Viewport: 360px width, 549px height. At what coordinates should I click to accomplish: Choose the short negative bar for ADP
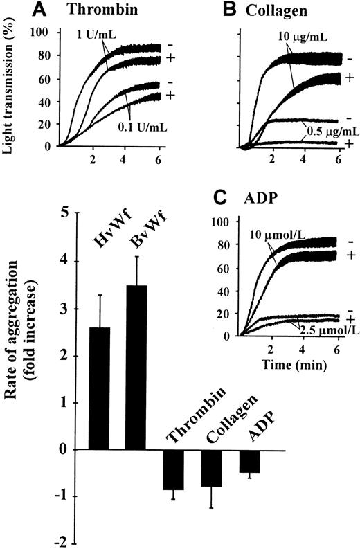pyautogui.click(x=249, y=461)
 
